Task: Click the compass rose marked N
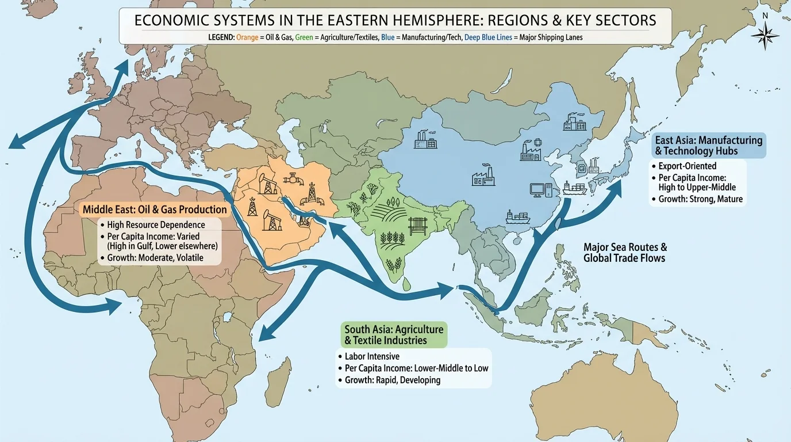[765, 35]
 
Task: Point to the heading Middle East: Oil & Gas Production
[155, 209]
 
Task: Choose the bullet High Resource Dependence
[156, 224]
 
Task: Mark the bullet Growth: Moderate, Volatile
[155, 257]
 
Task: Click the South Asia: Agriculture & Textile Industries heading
[394, 334]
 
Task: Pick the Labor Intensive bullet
[372, 356]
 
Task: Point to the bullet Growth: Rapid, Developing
[393, 380]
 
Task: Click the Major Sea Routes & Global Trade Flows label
[625, 252]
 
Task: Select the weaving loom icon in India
[416, 226]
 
